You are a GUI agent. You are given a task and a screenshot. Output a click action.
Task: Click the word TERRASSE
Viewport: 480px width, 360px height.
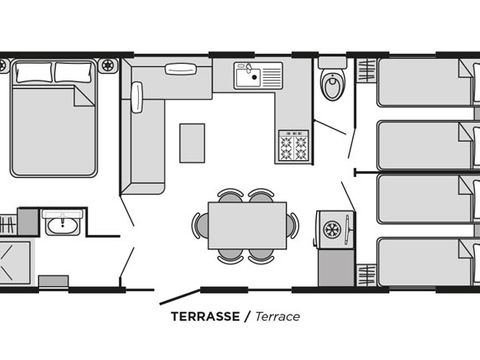point(205,316)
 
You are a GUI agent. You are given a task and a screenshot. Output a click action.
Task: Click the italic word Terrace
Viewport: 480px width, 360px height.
point(278,316)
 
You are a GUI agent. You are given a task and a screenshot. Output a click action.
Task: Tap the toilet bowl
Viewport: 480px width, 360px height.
point(332,86)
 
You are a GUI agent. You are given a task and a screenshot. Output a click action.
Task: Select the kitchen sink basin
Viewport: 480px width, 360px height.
point(248,76)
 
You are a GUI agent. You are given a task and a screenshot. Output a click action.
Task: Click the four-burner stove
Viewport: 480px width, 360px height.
point(294,146)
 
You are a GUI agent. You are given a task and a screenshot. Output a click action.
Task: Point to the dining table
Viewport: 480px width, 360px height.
point(247,225)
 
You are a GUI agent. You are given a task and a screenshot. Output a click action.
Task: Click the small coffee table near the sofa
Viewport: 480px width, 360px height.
point(192,143)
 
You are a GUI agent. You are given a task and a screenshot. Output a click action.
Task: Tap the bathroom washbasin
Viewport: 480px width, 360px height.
point(63,225)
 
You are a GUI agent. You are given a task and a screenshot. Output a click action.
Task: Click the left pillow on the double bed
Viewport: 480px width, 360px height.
point(34,72)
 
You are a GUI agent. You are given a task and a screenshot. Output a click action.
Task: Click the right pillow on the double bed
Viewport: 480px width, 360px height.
point(73,72)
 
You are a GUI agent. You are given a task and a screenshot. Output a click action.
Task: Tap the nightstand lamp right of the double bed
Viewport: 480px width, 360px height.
point(108,65)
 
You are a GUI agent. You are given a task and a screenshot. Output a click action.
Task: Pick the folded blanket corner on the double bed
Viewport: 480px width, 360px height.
point(84,97)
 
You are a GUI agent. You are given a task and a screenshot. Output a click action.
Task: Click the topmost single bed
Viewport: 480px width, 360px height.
point(428,82)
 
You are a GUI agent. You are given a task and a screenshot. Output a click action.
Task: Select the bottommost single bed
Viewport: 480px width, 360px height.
point(428,262)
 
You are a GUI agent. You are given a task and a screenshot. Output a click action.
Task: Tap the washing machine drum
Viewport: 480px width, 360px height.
point(332,230)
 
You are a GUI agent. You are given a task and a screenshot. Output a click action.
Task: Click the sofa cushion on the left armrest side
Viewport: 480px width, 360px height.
point(137,97)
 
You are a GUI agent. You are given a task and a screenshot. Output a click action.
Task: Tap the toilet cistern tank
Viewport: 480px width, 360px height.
point(332,63)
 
